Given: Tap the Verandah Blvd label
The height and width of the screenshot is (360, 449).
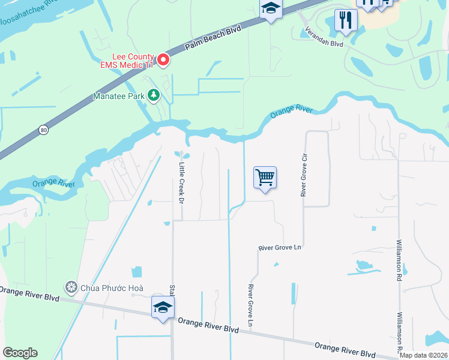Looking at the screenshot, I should tap(323, 37).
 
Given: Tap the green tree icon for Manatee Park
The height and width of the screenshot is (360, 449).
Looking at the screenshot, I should tap(154, 95).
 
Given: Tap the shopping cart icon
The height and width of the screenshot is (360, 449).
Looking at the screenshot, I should tap(265, 178).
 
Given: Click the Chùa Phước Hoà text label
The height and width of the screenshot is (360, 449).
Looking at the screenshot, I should tap(112, 287).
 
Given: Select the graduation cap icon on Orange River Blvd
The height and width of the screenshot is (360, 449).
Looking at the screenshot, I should tap(163, 308).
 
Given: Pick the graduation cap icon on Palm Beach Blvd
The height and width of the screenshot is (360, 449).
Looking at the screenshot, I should tap(271, 9).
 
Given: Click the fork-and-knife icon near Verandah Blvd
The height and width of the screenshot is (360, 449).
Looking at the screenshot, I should tap(346, 19).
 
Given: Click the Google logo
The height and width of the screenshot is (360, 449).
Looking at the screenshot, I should tap(20, 353).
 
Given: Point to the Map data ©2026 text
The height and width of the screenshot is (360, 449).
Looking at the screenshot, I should tap(424, 355).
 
